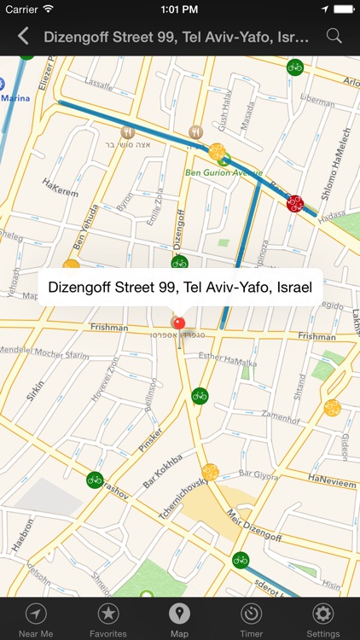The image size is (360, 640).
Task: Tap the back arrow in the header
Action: pyautogui.click(x=23, y=36)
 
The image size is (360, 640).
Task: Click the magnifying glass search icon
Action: pyautogui.click(x=334, y=36)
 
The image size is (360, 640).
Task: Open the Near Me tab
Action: pyautogui.click(x=36, y=620)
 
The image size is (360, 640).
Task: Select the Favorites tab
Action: pyautogui.click(x=108, y=620)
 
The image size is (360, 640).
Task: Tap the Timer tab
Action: pyautogui.click(x=251, y=620)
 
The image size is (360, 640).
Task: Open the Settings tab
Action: pyautogui.click(x=322, y=620)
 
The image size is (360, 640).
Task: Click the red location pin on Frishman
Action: pyautogui.click(x=178, y=323)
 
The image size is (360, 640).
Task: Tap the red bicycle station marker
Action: pyautogui.click(x=295, y=203)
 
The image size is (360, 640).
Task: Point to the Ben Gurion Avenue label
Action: pyautogui.click(x=224, y=172)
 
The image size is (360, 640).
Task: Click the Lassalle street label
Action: pyautogui.click(x=98, y=86)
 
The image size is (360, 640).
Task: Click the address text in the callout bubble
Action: pyautogui.click(x=180, y=287)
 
